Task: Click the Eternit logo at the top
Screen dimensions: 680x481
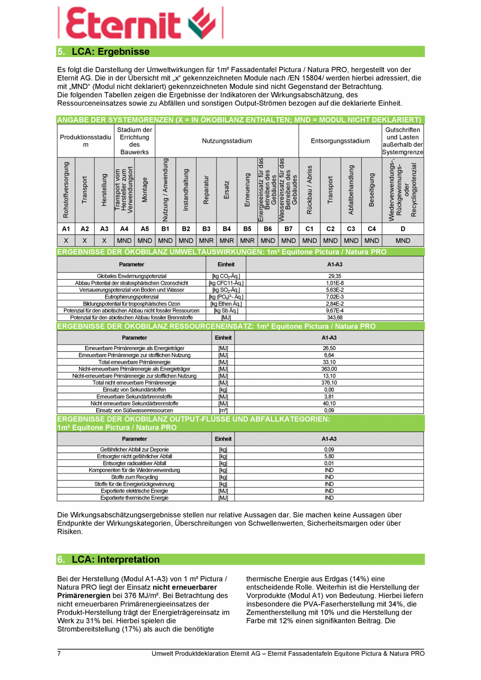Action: coord(140,24)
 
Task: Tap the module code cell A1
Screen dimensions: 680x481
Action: coord(66,229)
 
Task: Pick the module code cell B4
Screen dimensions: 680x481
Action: coord(226,229)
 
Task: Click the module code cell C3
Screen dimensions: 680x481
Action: coord(351,229)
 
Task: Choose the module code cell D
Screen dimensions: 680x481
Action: coord(403,229)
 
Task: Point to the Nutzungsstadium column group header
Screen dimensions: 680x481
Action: coord(227,141)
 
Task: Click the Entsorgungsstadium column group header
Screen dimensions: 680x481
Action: coord(340,141)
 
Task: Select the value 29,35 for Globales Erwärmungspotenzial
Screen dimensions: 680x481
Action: coord(335,276)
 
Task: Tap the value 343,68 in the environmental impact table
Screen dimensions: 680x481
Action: coord(335,317)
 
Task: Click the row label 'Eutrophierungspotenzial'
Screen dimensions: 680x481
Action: coord(131,297)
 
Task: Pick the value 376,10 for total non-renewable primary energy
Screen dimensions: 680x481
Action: coord(329,383)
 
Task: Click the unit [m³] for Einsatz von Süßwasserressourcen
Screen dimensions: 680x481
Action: coord(223,410)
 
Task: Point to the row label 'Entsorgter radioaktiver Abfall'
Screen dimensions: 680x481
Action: coord(134,463)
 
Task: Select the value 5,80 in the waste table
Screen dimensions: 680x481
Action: coord(329,456)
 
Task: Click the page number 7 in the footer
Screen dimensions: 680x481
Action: coord(59,654)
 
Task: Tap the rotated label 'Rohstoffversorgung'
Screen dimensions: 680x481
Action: coord(66,189)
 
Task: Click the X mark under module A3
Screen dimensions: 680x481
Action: coord(104,241)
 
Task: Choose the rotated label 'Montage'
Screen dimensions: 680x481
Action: coord(145,189)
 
